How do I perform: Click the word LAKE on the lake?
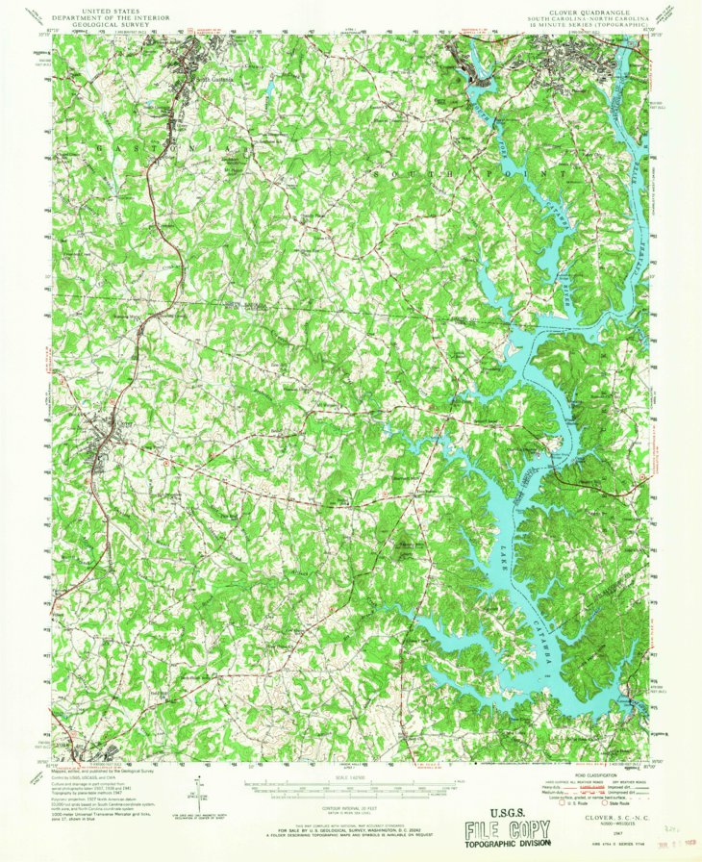[x=501, y=562]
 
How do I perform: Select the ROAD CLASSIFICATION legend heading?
[x=595, y=773]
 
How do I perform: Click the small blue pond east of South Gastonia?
[x=272, y=88]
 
